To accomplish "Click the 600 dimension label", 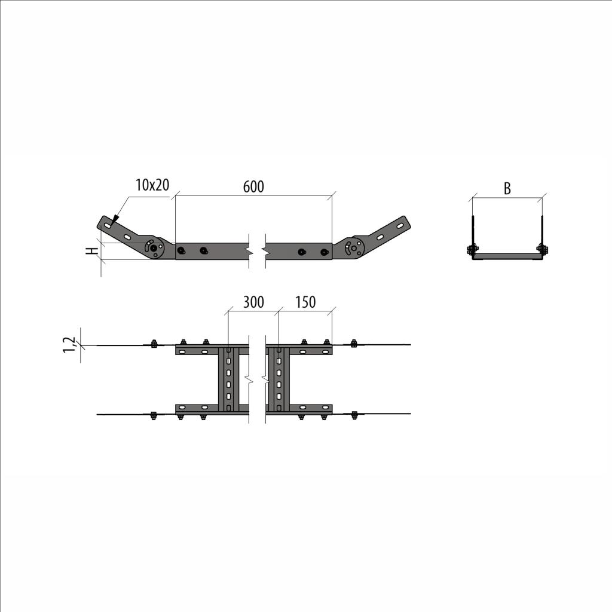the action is coord(253,187).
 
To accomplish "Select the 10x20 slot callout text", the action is coord(152,185).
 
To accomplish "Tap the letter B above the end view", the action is coord(507,188).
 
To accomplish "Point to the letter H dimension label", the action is coord(93,251).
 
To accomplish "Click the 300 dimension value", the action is coord(253,302).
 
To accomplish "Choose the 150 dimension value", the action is coord(305,302).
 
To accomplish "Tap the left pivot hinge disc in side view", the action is coord(155,247).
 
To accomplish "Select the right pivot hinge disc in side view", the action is coord(354,247).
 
